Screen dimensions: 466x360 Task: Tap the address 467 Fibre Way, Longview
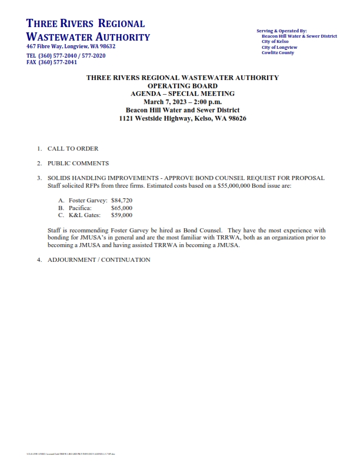click(x=71, y=46)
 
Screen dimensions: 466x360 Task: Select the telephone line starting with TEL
click(x=66, y=55)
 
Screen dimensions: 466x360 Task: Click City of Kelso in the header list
click(x=275, y=42)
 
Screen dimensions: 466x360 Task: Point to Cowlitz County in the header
click(x=278, y=53)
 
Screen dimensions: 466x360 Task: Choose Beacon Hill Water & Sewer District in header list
click(x=299, y=36)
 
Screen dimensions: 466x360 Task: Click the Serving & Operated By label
click(x=282, y=31)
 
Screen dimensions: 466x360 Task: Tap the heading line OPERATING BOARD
click(x=182, y=85)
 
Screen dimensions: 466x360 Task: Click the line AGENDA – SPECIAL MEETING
click(x=182, y=94)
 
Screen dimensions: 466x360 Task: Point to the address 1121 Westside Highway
click(x=182, y=118)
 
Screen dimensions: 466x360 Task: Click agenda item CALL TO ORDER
click(x=73, y=149)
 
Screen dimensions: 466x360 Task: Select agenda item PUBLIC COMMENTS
click(x=78, y=164)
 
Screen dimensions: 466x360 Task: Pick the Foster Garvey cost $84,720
click(x=122, y=201)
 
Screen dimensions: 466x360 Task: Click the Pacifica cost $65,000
click(x=122, y=208)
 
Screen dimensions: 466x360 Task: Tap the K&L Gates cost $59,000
click(x=122, y=215)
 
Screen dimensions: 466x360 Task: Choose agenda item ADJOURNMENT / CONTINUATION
click(x=99, y=260)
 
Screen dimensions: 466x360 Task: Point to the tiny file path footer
click(x=71, y=454)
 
